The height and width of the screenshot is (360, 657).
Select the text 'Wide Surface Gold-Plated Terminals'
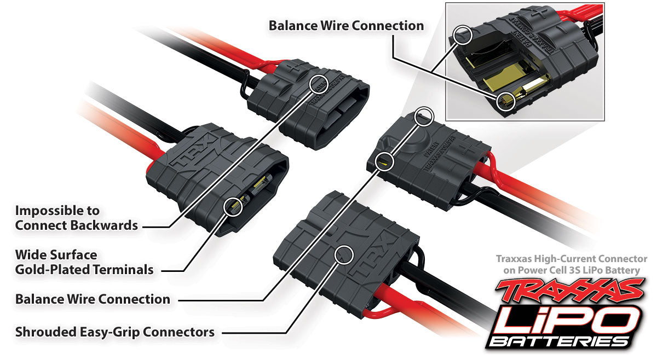coord(84,262)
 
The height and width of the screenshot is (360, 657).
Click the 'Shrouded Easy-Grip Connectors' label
coord(115,332)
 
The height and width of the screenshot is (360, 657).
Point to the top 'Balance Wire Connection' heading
coord(346,26)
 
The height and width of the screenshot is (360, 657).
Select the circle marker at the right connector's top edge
coord(424,116)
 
